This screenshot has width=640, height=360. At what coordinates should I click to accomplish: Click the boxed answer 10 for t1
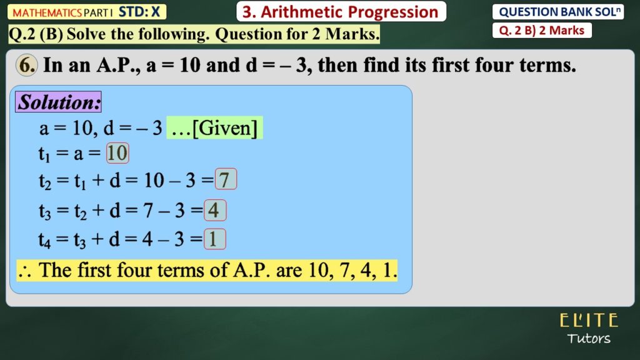pos(117,153)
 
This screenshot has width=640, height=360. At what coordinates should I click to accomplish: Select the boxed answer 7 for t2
pos(226,179)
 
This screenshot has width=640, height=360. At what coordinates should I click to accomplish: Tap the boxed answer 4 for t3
pos(215,210)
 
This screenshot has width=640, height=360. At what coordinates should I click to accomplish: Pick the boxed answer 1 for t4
pos(215,239)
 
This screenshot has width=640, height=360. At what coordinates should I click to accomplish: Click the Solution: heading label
pos(58,102)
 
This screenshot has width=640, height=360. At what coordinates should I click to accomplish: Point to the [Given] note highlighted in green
pos(215,127)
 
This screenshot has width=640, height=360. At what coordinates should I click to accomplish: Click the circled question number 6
pos(26,65)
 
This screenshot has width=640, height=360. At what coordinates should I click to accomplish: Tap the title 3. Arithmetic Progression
pos(341,12)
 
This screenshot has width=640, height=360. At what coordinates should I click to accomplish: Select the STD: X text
pos(139,12)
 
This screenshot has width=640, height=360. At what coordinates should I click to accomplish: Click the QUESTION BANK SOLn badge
pos(558,12)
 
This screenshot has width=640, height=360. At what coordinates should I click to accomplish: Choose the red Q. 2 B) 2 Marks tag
pos(542,30)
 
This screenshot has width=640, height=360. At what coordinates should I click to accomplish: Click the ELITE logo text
pos(589,321)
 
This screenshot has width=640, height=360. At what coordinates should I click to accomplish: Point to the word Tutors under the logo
pos(589,338)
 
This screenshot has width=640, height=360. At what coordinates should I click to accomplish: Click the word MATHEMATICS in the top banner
pos(47,12)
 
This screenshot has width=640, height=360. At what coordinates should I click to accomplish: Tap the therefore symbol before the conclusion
pos(24,271)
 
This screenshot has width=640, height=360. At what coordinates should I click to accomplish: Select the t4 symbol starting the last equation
pos(44,240)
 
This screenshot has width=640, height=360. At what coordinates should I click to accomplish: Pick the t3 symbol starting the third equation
pos(45,211)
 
